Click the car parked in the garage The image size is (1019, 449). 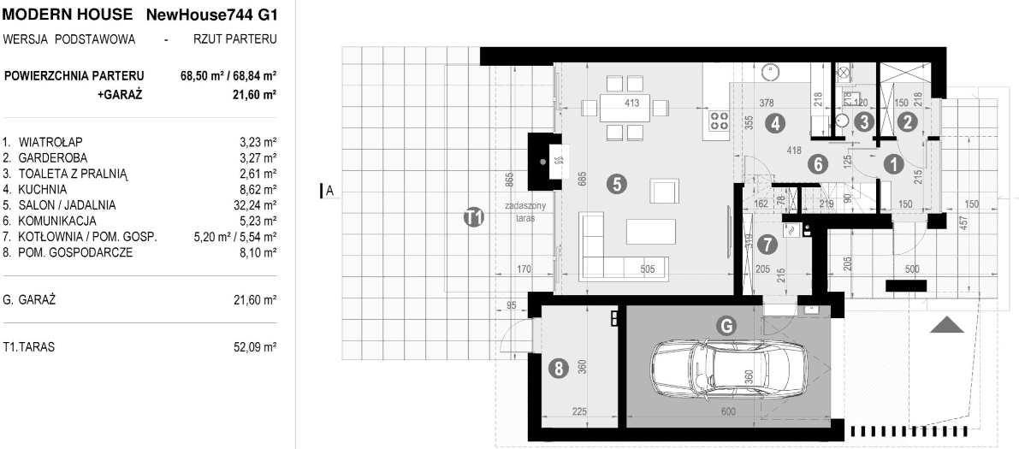729,369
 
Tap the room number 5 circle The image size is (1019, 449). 617,185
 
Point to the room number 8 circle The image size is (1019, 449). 558,369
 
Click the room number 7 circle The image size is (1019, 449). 767,245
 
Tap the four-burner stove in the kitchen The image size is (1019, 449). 718,121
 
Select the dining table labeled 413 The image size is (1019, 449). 625,108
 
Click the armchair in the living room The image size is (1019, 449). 664,192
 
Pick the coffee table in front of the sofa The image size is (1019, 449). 650,231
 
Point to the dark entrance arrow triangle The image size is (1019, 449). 947,325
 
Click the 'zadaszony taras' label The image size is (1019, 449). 525,212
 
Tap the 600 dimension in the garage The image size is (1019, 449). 728,411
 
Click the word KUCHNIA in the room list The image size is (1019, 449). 43,190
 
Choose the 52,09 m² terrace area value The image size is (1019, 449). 255,347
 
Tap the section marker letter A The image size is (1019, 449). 329,191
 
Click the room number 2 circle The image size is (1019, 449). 908,121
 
